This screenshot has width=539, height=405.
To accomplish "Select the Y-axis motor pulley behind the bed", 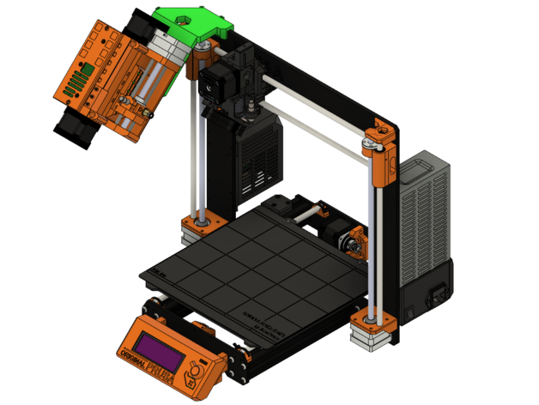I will click(x=352, y=245).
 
